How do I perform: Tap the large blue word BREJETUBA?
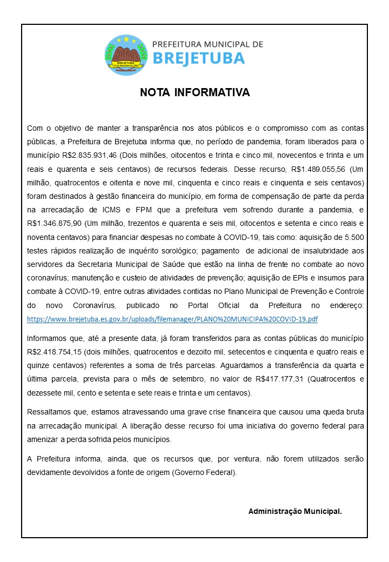[199, 58]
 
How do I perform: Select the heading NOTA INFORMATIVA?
[194, 92]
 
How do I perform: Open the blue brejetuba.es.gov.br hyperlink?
[172, 319]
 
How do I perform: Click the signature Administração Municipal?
[295, 511]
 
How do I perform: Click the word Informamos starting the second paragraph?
[49, 338]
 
